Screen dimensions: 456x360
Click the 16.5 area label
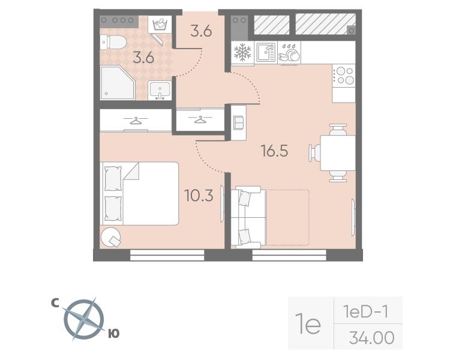click(275, 151)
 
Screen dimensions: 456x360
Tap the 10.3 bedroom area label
click(199, 196)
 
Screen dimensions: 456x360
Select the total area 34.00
click(371, 338)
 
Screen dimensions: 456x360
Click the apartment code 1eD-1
click(366, 312)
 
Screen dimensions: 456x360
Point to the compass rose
click(84, 319)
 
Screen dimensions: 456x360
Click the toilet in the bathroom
click(113, 42)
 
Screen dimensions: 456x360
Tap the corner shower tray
click(118, 82)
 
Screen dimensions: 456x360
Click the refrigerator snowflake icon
click(242, 52)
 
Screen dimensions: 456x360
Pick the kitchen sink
click(266, 53)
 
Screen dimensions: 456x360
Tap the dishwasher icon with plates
click(289, 53)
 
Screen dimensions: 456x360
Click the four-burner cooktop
click(344, 76)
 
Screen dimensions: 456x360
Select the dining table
click(338, 153)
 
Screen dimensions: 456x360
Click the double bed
click(139, 193)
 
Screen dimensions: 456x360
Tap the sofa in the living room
click(248, 217)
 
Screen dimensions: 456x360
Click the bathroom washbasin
click(160, 91)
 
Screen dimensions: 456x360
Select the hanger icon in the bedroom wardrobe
click(136, 120)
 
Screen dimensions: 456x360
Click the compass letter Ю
click(114, 334)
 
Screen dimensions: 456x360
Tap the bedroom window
click(167, 255)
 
